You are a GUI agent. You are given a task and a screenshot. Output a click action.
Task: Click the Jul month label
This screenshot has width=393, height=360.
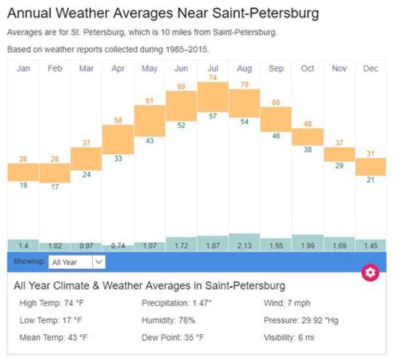[x=212, y=68]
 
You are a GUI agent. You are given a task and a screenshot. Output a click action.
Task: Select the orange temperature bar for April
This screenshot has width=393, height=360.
[x=118, y=139]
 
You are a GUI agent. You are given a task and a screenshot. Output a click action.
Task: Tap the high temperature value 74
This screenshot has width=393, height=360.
[x=212, y=78]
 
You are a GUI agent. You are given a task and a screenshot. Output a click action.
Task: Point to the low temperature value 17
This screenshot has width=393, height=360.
[x=54, y=187]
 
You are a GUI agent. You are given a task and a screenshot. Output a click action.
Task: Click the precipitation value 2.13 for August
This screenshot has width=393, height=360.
[x=244, y=246]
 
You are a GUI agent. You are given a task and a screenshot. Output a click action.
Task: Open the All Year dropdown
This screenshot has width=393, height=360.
[x=76, y=262]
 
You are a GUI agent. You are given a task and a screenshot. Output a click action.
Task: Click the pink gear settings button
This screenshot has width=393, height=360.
[x=370, y=273]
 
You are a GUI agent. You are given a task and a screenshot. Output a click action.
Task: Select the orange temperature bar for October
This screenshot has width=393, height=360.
[x=307, y=137]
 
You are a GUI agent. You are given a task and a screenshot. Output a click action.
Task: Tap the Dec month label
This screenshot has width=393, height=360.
[x=371, y=68]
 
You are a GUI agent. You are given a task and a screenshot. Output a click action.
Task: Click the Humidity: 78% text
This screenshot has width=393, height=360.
[x=168, y=320]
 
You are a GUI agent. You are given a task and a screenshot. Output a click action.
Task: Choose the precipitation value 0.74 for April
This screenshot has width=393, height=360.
[x=118, y=246]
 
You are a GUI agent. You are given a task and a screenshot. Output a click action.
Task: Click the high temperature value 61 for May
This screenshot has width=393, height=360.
[x=150, y=101]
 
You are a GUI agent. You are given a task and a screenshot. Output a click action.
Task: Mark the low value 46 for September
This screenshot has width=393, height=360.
[x=276, y=136]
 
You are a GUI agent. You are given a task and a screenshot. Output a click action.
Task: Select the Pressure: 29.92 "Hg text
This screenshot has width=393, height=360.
[x=301, y=320]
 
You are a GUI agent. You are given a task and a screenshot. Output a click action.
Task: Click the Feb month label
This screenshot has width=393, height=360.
[x=55, y=68]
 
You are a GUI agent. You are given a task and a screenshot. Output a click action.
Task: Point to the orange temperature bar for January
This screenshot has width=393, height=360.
[x=23, y=172]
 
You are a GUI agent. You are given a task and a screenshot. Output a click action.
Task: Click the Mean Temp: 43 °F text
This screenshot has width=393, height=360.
[x=53, y=337]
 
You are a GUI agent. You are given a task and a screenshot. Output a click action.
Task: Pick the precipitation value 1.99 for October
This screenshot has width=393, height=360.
[x=307, y=246]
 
